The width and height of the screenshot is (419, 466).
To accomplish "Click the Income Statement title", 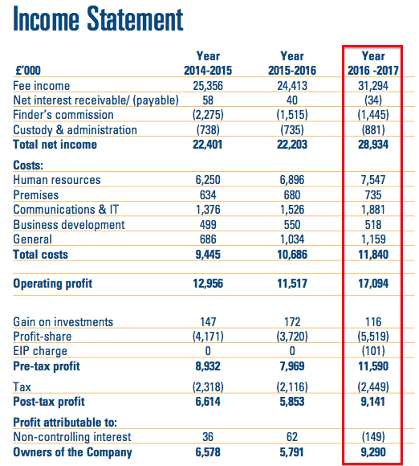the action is pos(98,19).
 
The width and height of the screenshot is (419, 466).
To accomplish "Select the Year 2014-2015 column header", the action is pos(208,63).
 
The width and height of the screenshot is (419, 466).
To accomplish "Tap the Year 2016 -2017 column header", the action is pos(373,63).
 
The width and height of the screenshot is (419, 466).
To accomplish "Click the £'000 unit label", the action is pos(28,71).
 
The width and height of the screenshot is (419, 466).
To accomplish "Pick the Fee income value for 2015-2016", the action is pos(292,86).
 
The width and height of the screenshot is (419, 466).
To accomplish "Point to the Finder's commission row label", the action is pos(63,115).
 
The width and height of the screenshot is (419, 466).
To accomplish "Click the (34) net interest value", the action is pos(373,100).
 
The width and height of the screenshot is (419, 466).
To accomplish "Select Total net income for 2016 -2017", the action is pos(373,145).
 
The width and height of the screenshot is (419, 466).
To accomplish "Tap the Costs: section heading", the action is pos(28,165).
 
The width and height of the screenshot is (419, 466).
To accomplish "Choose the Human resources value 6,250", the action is pos(208,180).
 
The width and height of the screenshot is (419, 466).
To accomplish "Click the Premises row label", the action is pos(36,195).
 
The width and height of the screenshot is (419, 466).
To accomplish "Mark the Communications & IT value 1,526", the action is pos(292,210).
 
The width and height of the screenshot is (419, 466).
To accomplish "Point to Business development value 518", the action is pos(373,225).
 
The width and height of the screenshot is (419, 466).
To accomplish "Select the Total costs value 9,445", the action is pos(208,255).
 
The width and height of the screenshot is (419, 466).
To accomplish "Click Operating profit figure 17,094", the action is pos(373,284).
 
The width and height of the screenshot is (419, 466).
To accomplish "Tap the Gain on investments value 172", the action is pos(292,322).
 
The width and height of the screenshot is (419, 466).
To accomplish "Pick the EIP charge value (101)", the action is pos(373,351).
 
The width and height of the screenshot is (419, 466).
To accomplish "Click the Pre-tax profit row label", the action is pos(47,366).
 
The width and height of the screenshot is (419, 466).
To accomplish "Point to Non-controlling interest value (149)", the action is pos(373,437).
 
